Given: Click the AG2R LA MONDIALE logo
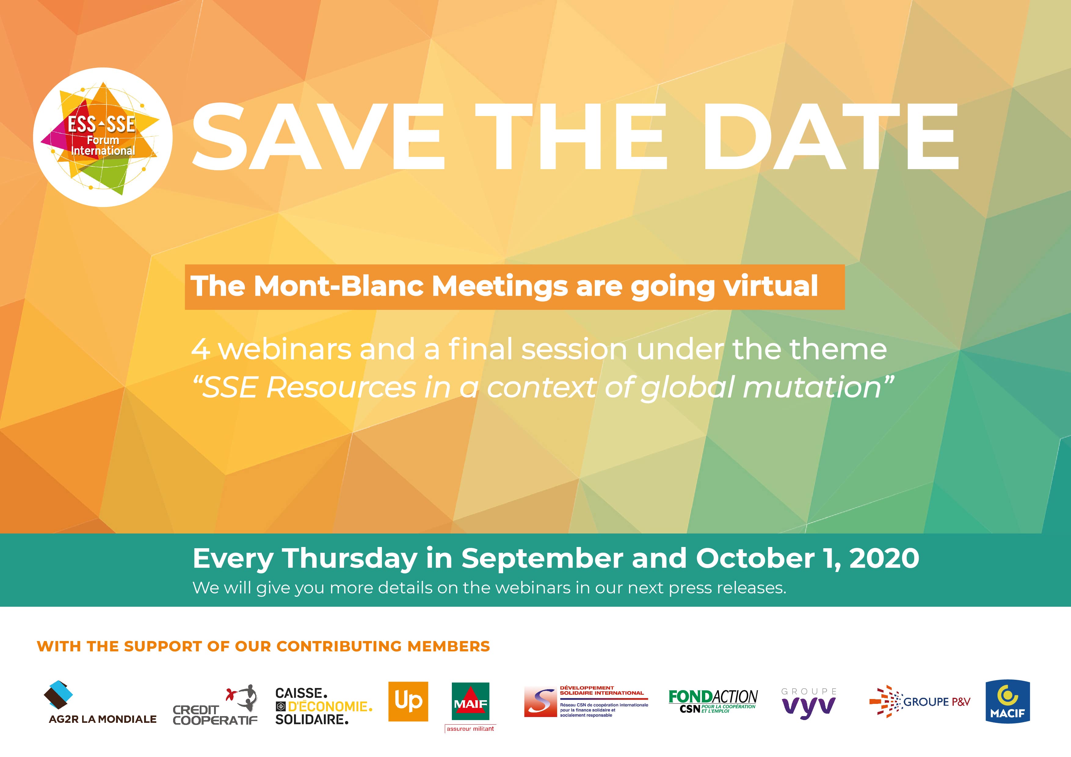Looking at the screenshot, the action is point(103,703).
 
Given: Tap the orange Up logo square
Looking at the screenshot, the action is point(408,701).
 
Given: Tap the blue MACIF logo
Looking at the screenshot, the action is point(1007,701).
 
